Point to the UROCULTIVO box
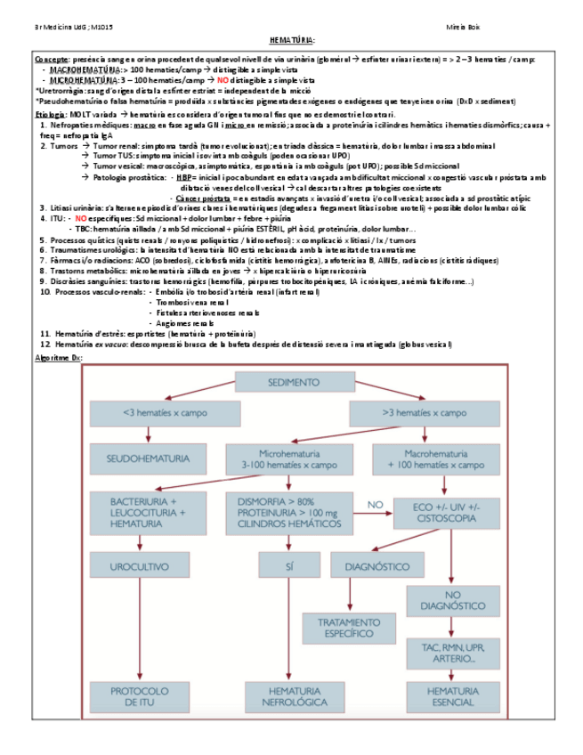click(x=139, y=565)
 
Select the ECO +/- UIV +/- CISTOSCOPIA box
click(x=441, y=512)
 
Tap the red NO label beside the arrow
click(x=375, y=504)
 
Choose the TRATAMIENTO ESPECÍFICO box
click(x=348, y=628)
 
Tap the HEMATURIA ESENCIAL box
click(x=453, y=696)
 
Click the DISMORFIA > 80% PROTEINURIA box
click(x=288, y=514)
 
